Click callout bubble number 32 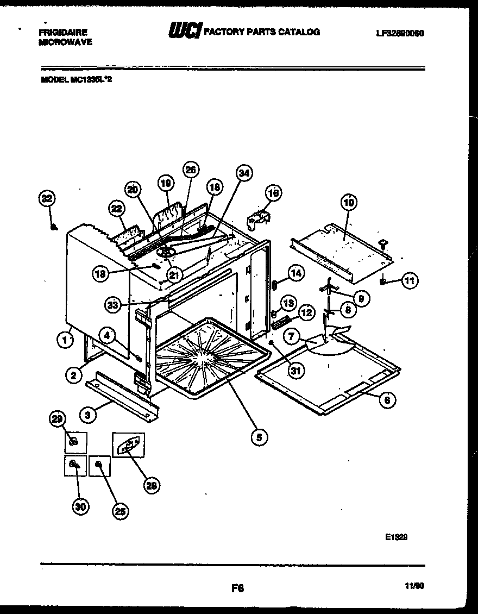tap(47, 199)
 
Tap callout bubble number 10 tap(348, 203)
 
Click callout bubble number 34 tap(244, 174)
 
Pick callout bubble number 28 tap(152, 485)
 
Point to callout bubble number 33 tap(113, 305)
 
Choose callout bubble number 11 tap(409, 281)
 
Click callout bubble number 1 tap(64, 340)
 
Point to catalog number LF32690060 tap(399, 33)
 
